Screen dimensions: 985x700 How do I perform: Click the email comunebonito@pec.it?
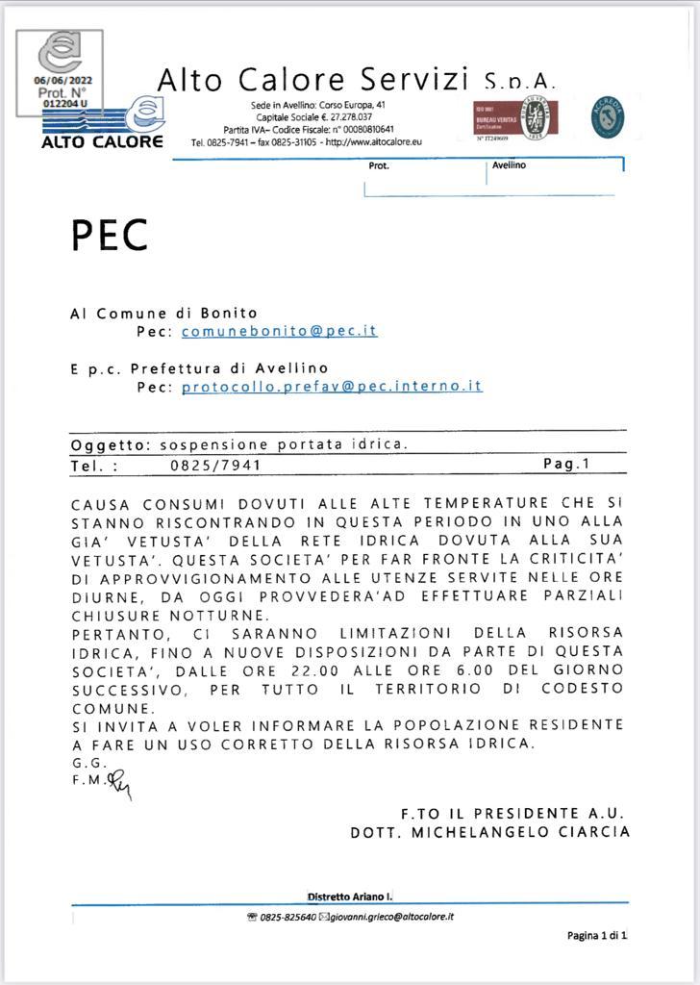279,331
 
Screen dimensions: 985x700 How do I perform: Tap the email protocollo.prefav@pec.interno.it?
332,387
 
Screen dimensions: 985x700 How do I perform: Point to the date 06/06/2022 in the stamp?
63,81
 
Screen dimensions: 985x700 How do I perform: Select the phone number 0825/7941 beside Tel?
215,465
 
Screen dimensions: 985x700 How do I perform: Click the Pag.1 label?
566,464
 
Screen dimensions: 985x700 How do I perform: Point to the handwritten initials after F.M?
119,785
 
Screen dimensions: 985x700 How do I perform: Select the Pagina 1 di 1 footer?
596,935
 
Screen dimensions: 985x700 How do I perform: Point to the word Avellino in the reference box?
509,165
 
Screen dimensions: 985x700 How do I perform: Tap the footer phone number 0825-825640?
288,917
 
